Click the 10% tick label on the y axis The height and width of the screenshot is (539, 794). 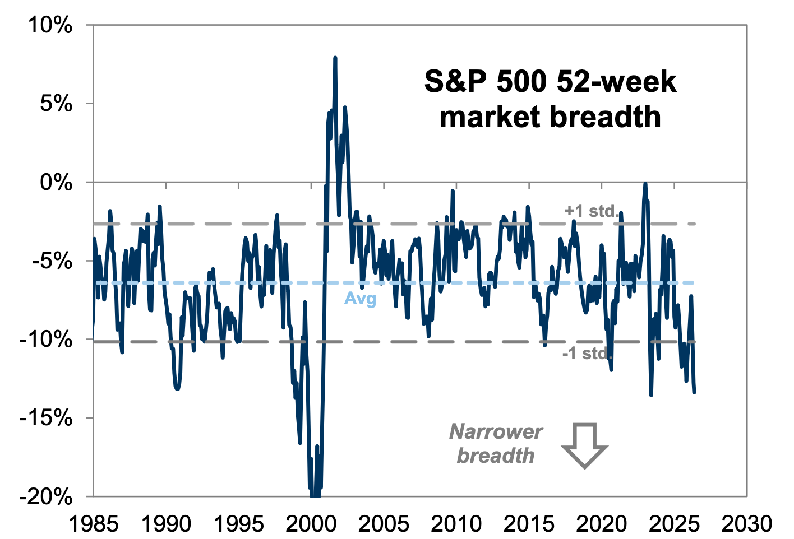pyautogui.click(x=50, y=26)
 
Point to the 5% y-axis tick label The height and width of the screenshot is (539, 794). pyautogui.click(x=56, y=104)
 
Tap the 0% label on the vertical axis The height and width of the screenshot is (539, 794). pyautogui.click(x=56, y=183)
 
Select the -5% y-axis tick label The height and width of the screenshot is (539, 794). pyautogui.click(x=52, y=261)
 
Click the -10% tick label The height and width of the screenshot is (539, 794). pyautogui.click(x=46, y=340)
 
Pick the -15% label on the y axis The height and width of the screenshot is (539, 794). pyautogui.click(x=46, y=419)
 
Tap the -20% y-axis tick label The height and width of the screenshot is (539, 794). pyautogui.click(x=46, y=497)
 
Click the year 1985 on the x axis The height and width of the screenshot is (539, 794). pyautogui.click(x=94, y=523)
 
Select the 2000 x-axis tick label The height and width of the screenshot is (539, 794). pyautogui.click(x=311, y=523)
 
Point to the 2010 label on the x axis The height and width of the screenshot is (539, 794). pyautogui.click(x=456, y=523)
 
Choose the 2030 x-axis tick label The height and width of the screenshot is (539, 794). pyautogui.click(x=746, y=523)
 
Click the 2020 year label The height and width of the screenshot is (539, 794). pyautogui.click(x=602, y=523)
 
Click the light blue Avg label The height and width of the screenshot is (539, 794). pyautogui.click(x=360, y=299)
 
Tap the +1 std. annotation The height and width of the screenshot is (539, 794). pyautogui.click(x=591, y=211)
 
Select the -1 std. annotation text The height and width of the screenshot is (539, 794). pyautogui.click(x=587, y=353)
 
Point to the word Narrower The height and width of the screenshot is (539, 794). pyautogui.click(x=496, y=431)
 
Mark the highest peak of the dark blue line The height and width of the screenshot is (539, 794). pyautogui.click(x=335, y=58)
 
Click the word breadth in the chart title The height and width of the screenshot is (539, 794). pyautogui.click(x=605, y=117)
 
